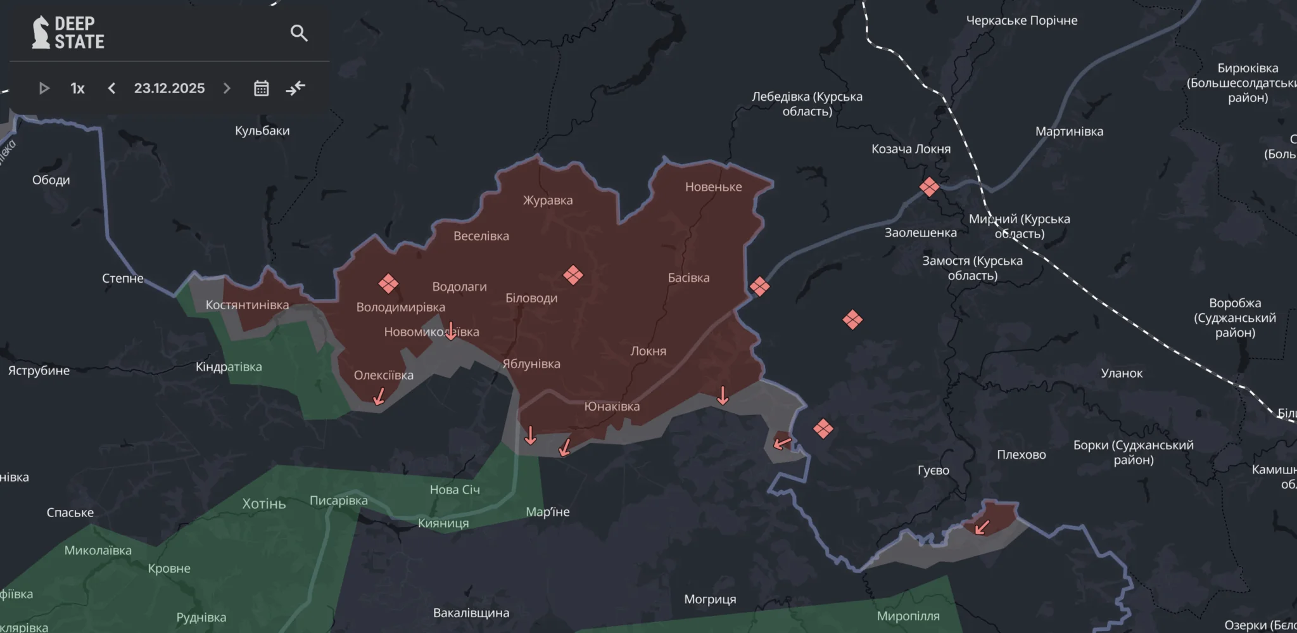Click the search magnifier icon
(x=299, y=33)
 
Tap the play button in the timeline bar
(x=44, y=88)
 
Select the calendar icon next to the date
(x=261, y=88)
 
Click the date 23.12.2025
(x=169, y=88)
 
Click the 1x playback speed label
(x=77, y=88)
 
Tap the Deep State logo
(x=68, y=32)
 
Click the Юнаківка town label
(x=612, y=406)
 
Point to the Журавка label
(x=548, y=200)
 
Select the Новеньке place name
(x=713, y=187)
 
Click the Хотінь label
(x=264, y=504)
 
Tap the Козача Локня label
(x=911, y=149)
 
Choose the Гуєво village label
(x=933, y=470)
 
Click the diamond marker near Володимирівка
(x=388, y=283)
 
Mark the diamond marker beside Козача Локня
(x=929, y=187)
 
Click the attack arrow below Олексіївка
(x=379, y=397)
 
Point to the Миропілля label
(x=908, y=616)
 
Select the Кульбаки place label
(x=262, y=131)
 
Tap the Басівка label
(x=688, y=278)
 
